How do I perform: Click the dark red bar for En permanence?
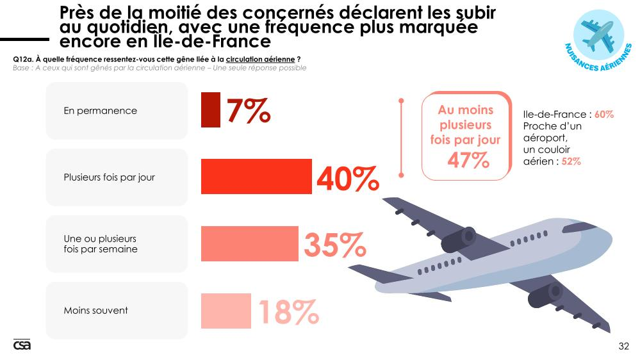point(211,110)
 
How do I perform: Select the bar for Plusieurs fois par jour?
point(256,177)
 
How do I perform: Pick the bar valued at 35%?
point(250,243)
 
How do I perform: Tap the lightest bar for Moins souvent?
point(226,310)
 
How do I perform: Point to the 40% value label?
point(347,179)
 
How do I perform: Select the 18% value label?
point(288,312)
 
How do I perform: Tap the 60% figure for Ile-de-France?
point(604,115)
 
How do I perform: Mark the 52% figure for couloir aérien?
point(571,161)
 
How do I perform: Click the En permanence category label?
point(100,111)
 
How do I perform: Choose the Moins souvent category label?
point(95,311)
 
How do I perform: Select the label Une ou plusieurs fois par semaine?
point(101,244)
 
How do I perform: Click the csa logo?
point(22,345)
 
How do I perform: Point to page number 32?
point(623,347)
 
